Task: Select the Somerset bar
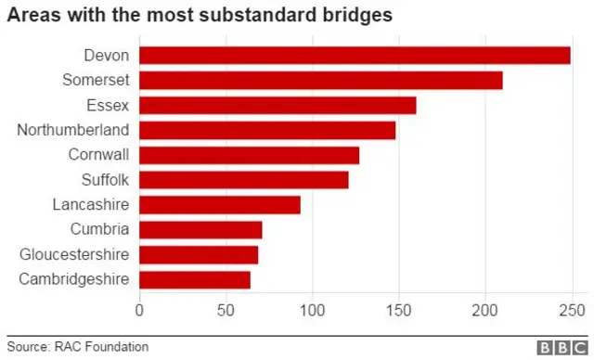click(x=321, y=81)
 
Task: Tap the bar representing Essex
click(x=278, y=105)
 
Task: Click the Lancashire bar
click(x=220, y=204)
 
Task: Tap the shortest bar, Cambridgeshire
click(x=195, y=279)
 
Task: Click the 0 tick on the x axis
click(x=140, y=309)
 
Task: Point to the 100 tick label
click(x=312, y=309)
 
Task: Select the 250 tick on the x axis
click(x=572, y=309)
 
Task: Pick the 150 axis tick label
click(x=399, y=309)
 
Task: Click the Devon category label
click(x=107, y=56)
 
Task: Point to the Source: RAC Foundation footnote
click(x=78, y=346)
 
